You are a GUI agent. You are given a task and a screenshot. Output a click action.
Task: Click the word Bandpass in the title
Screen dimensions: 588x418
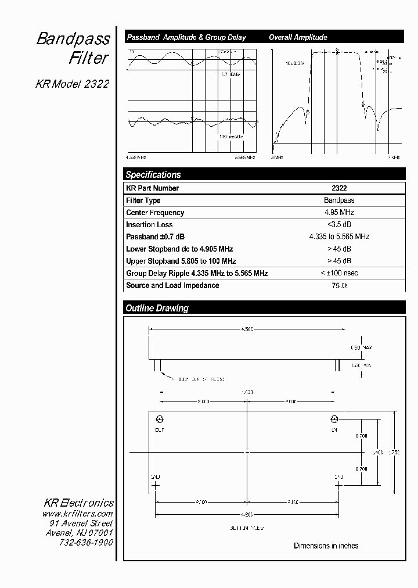tap(73, 40)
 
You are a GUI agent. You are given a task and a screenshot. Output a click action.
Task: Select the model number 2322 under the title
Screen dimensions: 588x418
tap(96, 84)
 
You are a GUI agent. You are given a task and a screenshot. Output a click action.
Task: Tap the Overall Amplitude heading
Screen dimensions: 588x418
tap(298, 37)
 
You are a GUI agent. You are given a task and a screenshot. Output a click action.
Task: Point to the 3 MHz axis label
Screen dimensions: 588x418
tap(277, 157)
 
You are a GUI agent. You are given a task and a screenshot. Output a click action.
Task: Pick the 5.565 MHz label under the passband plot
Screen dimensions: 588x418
tap(244, 157)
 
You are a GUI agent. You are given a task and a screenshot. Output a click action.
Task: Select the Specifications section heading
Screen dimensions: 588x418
tap(153, 174)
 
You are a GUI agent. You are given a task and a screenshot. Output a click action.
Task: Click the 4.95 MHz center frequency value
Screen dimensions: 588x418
tap(339, 213)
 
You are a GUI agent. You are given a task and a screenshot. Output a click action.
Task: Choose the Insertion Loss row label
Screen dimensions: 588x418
tap(149, 225)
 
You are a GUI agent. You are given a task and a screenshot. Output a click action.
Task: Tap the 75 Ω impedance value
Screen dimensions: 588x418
tap(339, 286)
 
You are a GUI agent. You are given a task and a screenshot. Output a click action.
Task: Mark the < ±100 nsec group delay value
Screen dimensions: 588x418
tap(339, 273)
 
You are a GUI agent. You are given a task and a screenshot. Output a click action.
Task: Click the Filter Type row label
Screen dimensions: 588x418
tap(143, 200)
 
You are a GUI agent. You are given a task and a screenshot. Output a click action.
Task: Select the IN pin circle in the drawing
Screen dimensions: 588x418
tap(334, 420)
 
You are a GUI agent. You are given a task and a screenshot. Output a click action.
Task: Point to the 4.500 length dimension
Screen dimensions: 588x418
tap(247, 329)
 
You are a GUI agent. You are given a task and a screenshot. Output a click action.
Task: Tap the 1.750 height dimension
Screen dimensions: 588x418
tap(394, 451)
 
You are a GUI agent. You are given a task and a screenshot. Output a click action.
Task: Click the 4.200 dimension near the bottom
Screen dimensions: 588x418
tap(247, 514)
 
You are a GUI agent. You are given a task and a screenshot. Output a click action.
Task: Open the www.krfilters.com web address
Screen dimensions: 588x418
tap(77, 514)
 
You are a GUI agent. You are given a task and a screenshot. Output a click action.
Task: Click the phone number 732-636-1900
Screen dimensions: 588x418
tap(86, 542)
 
